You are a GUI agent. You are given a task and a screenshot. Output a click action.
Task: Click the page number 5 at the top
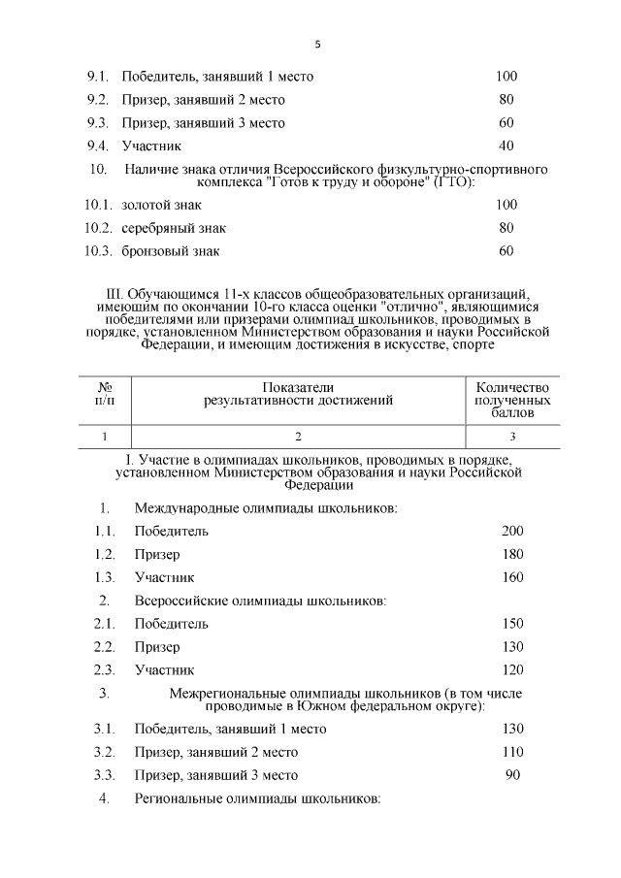pyautogui.click(x=317, y=45)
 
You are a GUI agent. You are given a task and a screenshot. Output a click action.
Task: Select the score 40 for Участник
pyautogui.click(x=506, y=146)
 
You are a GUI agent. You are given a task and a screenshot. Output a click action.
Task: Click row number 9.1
pyautogui.click(x=99, y=77)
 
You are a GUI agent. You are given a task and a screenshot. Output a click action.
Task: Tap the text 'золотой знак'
pyautogui.click(x=160, y=205)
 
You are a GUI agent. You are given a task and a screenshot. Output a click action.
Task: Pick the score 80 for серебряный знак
pyautogui.click(x=506, y=228)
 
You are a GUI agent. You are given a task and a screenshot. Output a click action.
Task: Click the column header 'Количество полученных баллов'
pyautogui.click(x=512, y=400)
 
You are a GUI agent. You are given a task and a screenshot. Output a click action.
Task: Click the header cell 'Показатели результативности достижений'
pyautogui.click(x=298, y=393)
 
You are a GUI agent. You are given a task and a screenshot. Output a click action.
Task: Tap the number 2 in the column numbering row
pyautogui.click(x=298, y=437)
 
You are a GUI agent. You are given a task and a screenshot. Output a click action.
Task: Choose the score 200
pyautogui.click(x=512, y=531)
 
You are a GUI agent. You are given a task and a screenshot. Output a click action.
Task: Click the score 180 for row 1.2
pyautogui.click(x=512, y=554)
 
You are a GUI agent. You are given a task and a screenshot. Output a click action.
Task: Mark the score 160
pyautogui.click(x=512, y=577)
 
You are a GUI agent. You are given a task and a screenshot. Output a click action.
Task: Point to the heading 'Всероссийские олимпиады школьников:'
pyautogui.click(x=260, y=601)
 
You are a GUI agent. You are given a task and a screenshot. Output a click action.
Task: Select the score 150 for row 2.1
pyautogui.click(x=512, y=624)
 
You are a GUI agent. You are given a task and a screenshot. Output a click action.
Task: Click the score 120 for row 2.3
pyautogui.click(x=512, y=670)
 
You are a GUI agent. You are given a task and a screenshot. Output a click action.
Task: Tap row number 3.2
pyautogui.click(x=105, y=752)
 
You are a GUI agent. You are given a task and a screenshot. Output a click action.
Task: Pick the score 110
pyautogui.click(x=512, y=752)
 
